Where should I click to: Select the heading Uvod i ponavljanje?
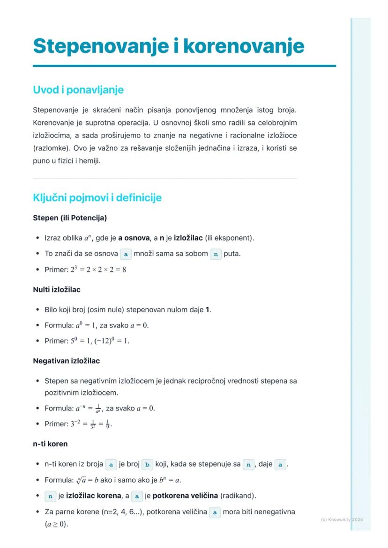[78, 89]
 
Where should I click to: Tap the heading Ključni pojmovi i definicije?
[97, 197]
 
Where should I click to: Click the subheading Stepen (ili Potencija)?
[70, 218]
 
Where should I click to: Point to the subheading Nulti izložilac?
[57, 289]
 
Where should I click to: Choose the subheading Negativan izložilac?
[66, 361]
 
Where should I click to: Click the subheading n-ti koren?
[50, 443]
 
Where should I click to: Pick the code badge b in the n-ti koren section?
[147, 465]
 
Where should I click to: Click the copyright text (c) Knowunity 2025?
[342, 519]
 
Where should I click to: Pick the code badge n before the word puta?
[216, 254]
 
